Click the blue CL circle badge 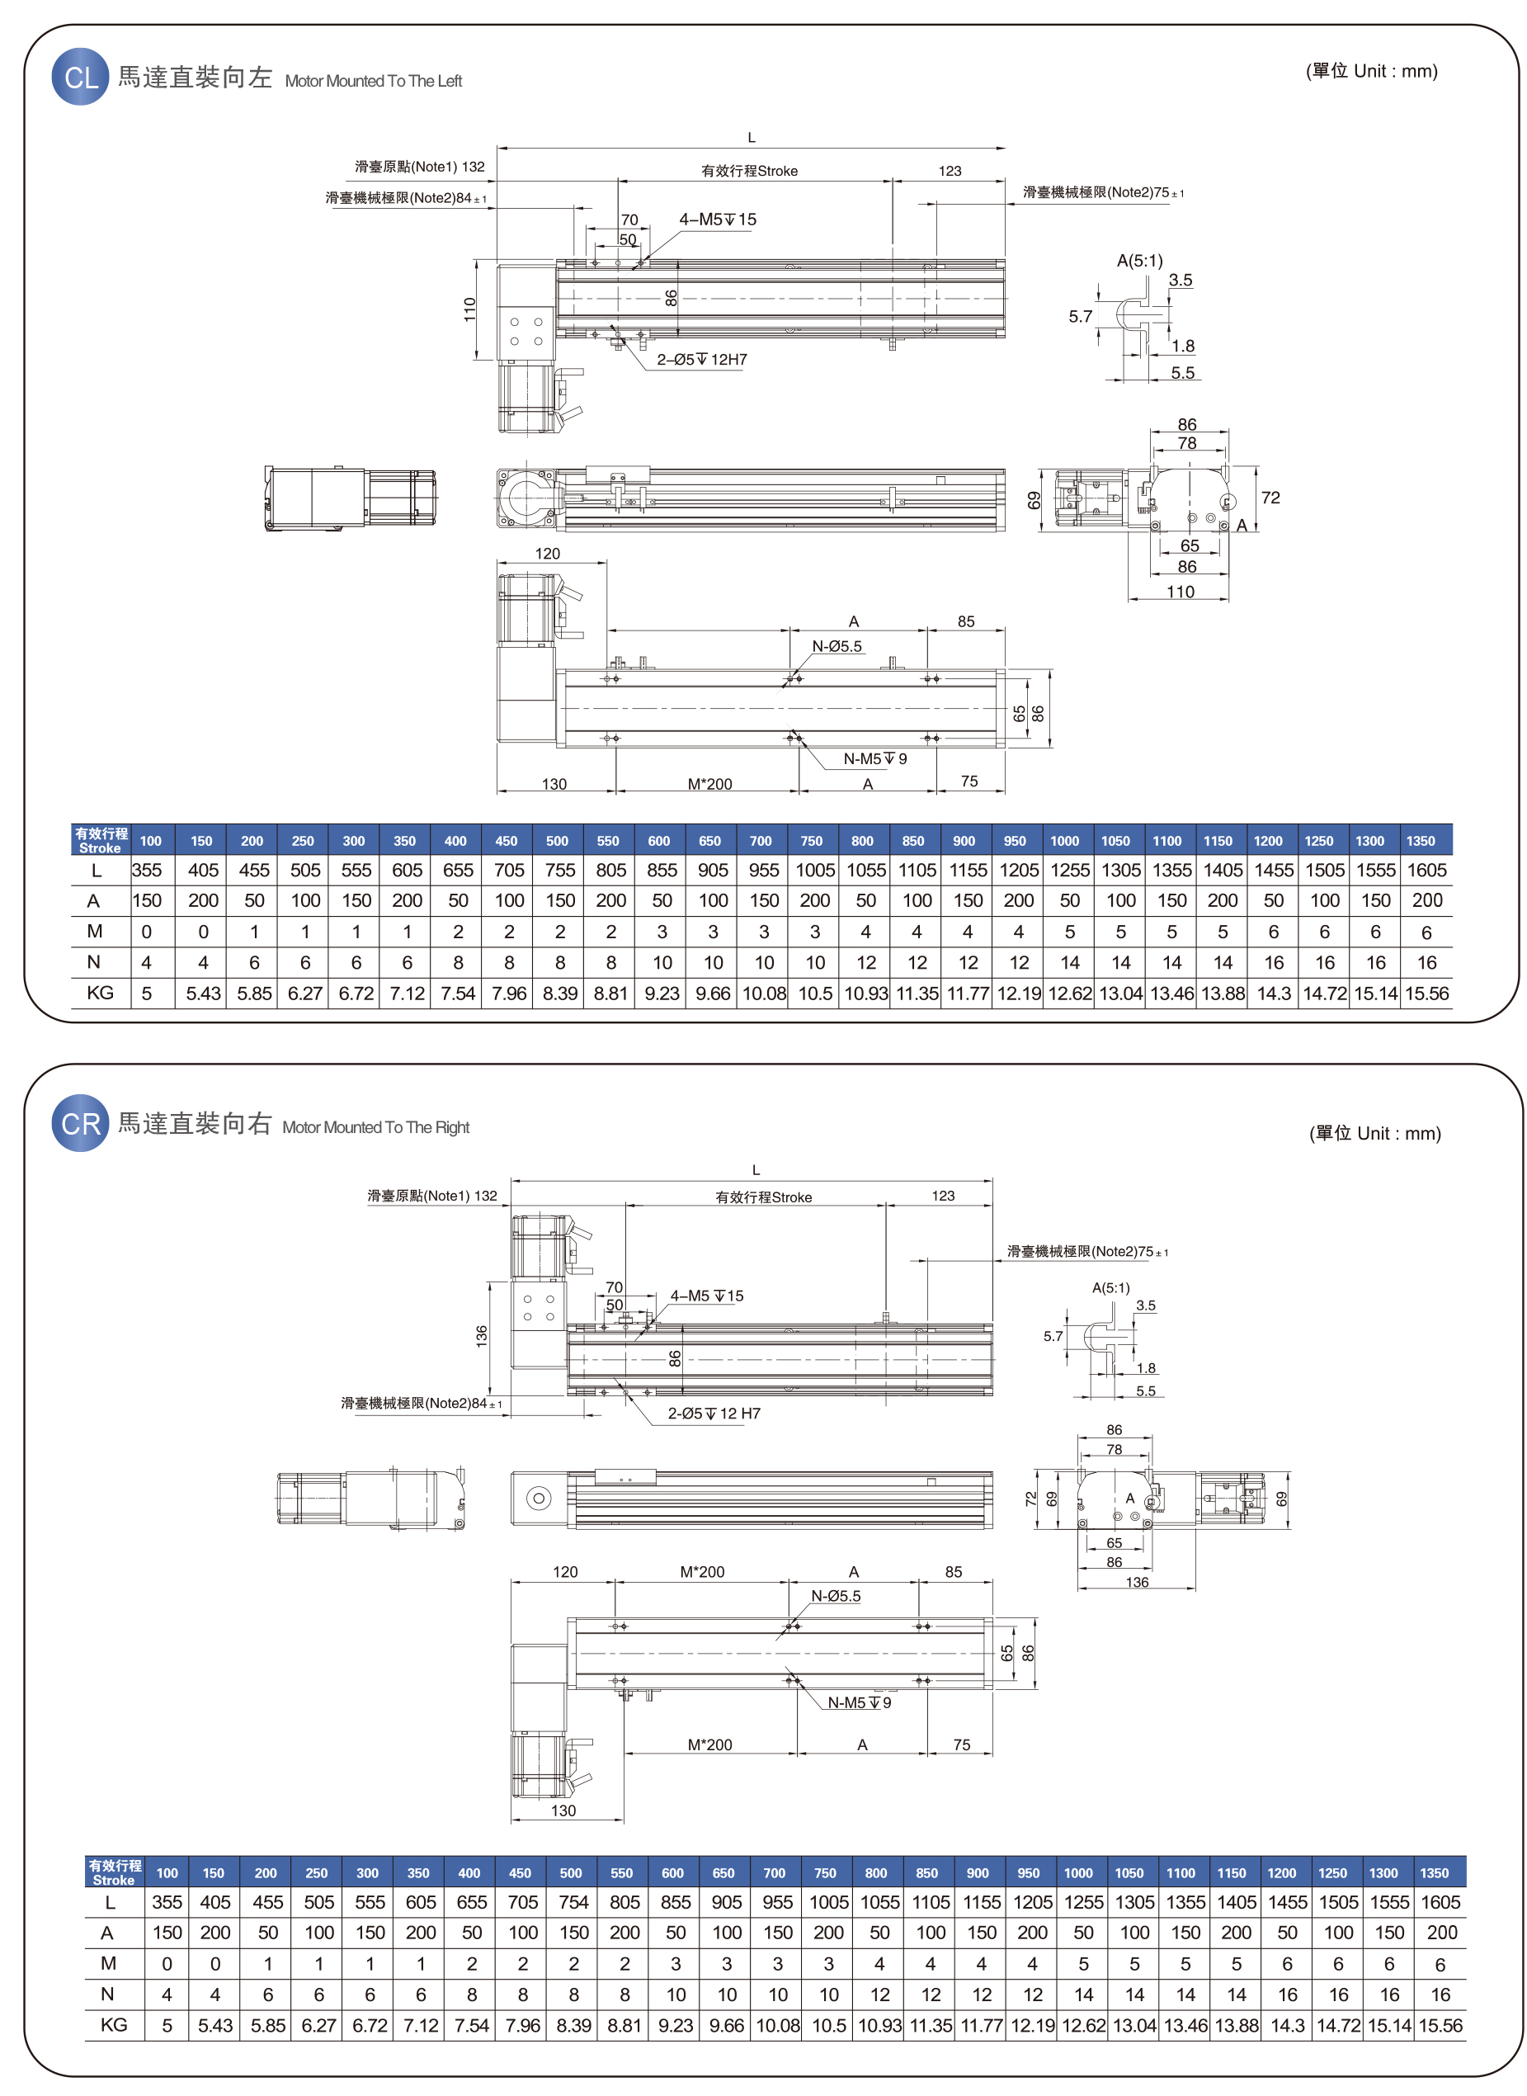pos(80,77)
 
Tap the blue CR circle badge pos(80,1123)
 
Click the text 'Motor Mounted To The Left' pos(373,82)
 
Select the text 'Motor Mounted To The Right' pos(375,1127)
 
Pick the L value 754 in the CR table pos(573,1902)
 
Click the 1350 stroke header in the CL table pos(1421,840)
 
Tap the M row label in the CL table pos(94,931)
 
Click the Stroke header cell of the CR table pos(115,1872)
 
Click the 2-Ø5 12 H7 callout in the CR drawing pos(714,1414)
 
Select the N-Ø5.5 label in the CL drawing pos(837,646)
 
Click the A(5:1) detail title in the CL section pos(1140,261)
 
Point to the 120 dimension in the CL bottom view pos(547,554)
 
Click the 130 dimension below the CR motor pos(563,1810)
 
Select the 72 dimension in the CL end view pos(1270,498)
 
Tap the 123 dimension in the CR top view pos(943,1196)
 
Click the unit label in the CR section pos(1374,1134)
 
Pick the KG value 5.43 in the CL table pos(204,993)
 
